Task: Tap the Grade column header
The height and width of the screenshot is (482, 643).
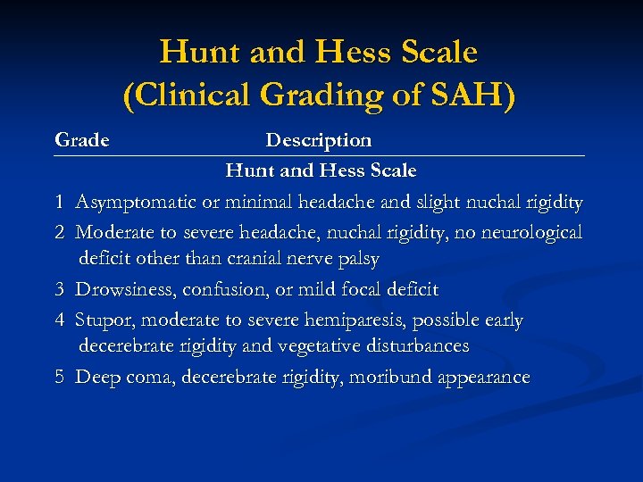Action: point(81,140)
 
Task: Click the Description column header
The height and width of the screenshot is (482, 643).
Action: point(319,140)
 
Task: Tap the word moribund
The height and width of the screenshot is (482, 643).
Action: point(390,377)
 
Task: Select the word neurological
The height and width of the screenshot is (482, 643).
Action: point(527,232)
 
